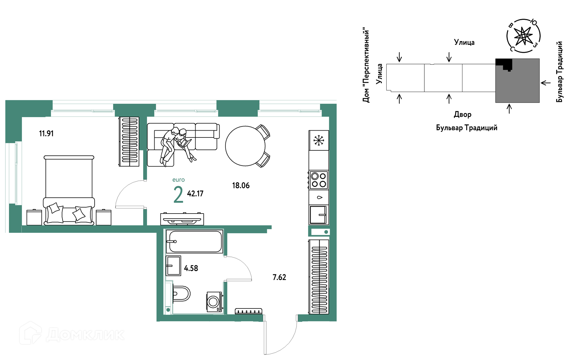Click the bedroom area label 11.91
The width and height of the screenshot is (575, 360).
pyautogui.click(x=46, y=134)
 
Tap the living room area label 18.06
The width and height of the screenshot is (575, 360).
pyautogui.click(x=241, y=186)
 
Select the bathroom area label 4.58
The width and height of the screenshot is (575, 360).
pyautogui.click(x=191, y=268)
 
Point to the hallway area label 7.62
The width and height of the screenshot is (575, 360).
pyautogui.click(x=279, y=277)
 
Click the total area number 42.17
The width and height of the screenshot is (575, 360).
pyautogui.click(x=195, y=194)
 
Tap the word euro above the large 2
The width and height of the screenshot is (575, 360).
pyautogui.click(x=178, y=180)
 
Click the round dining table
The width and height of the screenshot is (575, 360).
pyautogui.click(x=245, y=146)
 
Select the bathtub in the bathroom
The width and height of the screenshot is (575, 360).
pyautogui.click(x=194, y=241)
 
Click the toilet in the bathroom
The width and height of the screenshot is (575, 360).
pyautogui.click(x=181, y=294)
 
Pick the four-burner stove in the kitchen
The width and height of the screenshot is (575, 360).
pyautogui.click(x=319, y=180)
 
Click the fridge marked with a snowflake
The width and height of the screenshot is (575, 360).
pyautogui.click(x=319, y=140)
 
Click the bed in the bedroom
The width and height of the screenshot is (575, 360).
pyautogui.click(x=69, y=190)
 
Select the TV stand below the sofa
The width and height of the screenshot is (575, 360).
pyautogui.click(x=182, y=219)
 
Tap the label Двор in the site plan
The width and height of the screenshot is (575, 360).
pyautogui.click(x=463, y=114)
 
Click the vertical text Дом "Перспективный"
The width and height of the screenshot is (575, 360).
pyautogui.click(x=366, y=65)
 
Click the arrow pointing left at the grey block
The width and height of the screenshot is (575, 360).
pyautogui.click(x=546, y=83)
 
